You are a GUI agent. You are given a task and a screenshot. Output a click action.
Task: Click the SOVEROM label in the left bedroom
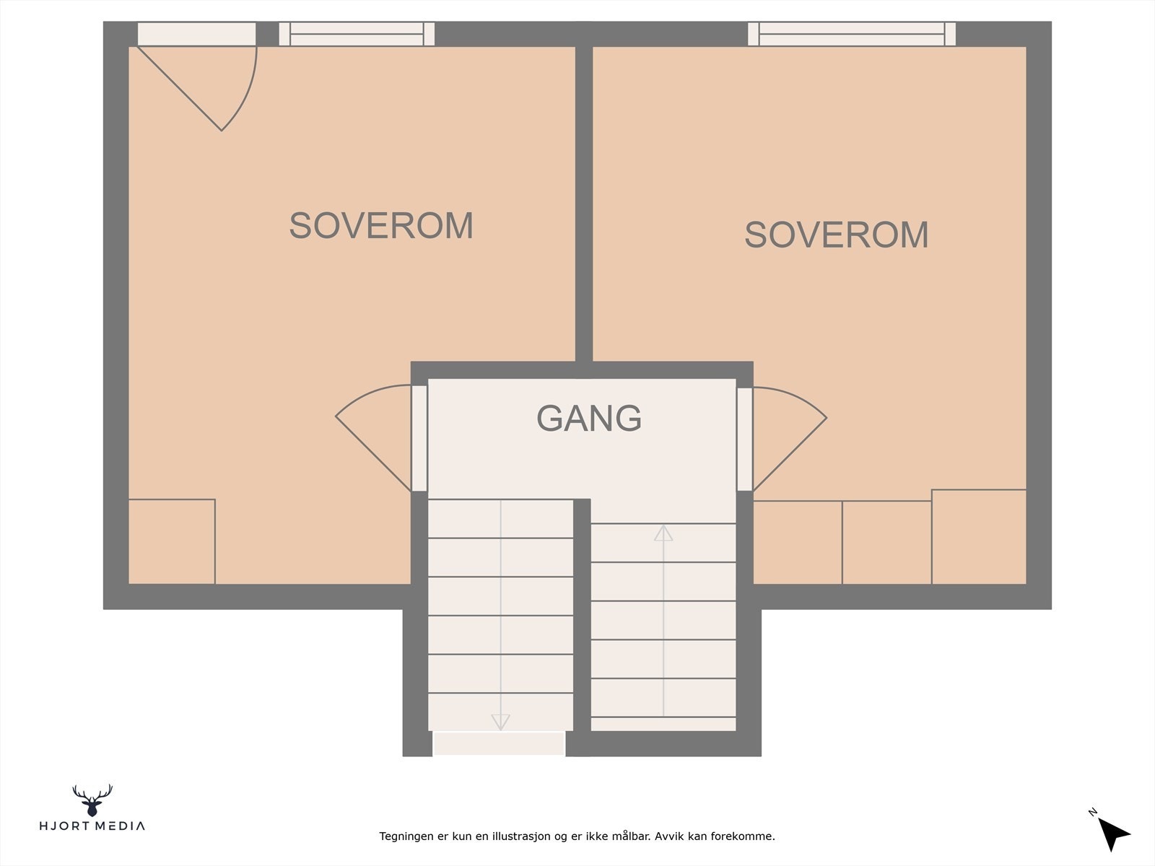pyautogui.click(x=381, y=226)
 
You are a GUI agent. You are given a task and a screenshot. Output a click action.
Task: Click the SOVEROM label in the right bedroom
pyautogui.click(x=836, y=235)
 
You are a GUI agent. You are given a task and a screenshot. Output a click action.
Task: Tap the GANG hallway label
pyautogui.click(x=589, y=418)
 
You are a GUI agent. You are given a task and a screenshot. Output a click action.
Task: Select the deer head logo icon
pyautogui.click(x=92, y=800)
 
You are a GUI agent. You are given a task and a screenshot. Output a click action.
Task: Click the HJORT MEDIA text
pyautogui.click(x=92, y=826)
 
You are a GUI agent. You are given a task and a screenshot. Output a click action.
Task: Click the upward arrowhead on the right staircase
pyautogui.click(x=663, y=533)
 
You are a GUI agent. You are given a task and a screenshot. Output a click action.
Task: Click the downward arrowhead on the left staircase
pyautogui.click(x=500, y=722)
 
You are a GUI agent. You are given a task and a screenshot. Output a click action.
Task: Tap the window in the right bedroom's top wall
pyautogui.click(x=851, y=34)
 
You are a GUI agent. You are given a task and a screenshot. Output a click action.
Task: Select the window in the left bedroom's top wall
pyautogui.click(x=357, y=34)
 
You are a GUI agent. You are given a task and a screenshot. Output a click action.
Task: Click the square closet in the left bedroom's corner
pyautogui.click(x=172, y=541)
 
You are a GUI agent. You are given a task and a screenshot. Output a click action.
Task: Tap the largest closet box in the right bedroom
pyautogui.click(x=979, y=536)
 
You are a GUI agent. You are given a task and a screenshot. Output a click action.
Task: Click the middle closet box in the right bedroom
pyautogui.click(x=886, y=542)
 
